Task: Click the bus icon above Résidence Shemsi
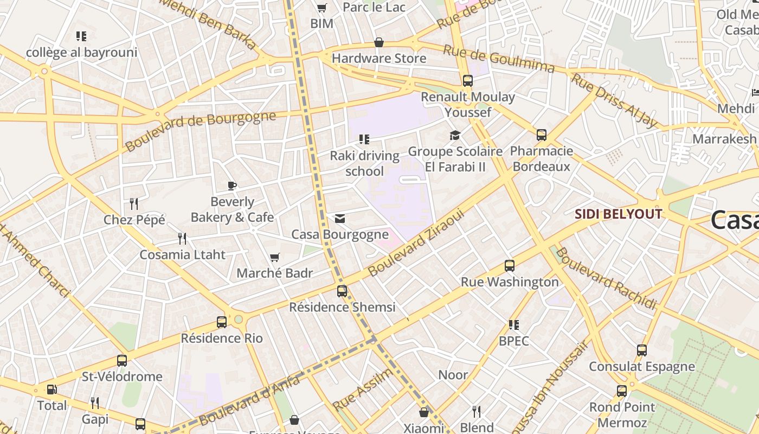pyautogui.click(x=342, y=291)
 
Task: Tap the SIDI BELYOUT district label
pyautogui.click(x=618, y=214)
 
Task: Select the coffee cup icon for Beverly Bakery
pyautogui.click(x=232, y=186)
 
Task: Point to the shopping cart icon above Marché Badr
pyautogui.click(x=275, y=257)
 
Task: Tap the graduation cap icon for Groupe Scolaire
pyautogui.click(x=455, y=135)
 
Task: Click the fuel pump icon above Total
pyautogui.click(x=52, y=390)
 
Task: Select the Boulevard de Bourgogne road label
pyautogui.click(x=200, y=130)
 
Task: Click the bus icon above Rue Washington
pyautogui.click(x=510, y=266)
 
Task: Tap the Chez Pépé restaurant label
pyautogui.click(x=134, y=220)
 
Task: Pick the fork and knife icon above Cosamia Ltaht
pyautogui.click(x=182, y=239)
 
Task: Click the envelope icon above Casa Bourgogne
pyautogui.click(x=340, y=219)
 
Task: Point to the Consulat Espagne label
pyautogui.click(x=642, y=367)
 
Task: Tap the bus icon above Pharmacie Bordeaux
pyautogui.click(x=541, y=135)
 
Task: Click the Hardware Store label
pyautogui.click(x=379, y=58)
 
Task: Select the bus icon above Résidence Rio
pyautogui.click(x=222, y=322)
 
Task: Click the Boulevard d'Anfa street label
pyautogui.click(x=249, y=400)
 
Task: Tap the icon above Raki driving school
pyautogui.click(x=364, y=140)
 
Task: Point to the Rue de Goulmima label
pyautogui.click(x=499, y=59)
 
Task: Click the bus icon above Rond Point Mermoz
pyautogui.click(x=622, y=391)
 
